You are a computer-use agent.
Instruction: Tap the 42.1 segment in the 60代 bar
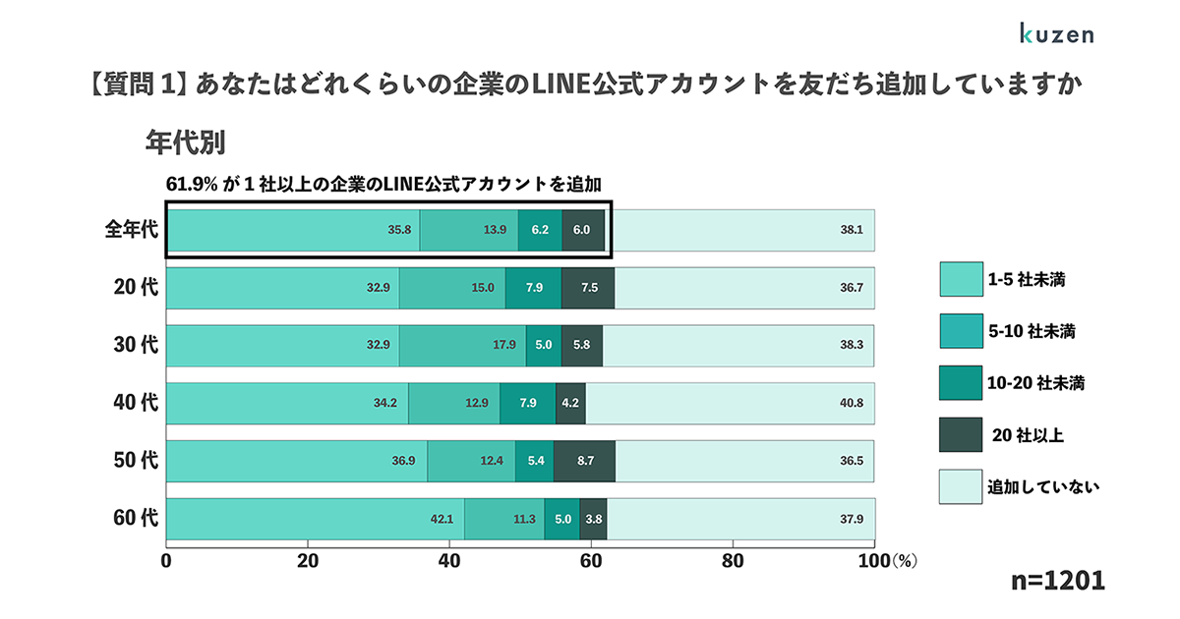coord(315,520)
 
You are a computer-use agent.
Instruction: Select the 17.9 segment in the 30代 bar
coord(462,345)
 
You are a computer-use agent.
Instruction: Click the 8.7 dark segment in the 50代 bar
coord(584,461)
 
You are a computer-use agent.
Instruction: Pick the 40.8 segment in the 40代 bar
coord(730,403)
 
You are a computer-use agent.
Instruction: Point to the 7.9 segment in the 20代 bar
coord(533,288)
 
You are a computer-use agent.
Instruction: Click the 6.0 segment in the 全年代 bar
coord(582,230)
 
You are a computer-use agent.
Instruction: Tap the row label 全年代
coord(132,230)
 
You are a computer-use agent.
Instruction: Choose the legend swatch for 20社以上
coord(961,435)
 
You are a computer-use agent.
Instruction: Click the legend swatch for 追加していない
coord(961,486)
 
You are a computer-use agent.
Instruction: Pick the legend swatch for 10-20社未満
coord(961,383)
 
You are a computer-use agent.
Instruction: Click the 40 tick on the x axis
coord(449,563)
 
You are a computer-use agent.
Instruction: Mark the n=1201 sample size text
coord(1058,581)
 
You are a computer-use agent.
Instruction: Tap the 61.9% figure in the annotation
coord(189,184)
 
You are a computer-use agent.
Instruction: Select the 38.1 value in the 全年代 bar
coord(851,230)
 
